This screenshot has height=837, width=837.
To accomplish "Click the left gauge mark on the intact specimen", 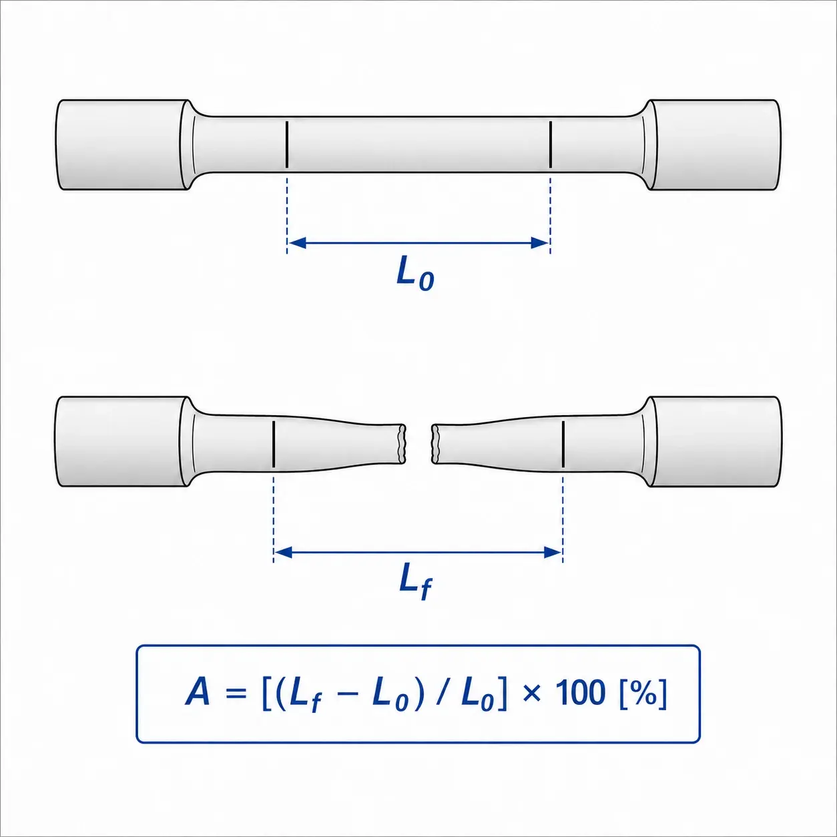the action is (286, 145).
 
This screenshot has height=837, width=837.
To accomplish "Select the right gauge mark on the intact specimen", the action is (551, 145).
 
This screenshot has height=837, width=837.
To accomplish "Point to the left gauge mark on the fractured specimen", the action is (274, 444).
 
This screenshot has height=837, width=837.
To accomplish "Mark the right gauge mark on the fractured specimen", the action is (563, 444).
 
